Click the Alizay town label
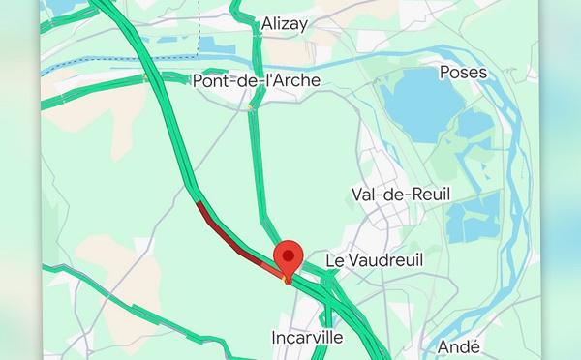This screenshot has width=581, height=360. (x=285, y=24)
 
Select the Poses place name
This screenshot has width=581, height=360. (x=463, y=73)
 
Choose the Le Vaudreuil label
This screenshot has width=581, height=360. (x=375, y=261)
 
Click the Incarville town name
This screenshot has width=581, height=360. (x=308, y=338)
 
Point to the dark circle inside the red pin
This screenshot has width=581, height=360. (x=288, y=255)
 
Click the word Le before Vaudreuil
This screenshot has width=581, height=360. (x=335, y=261)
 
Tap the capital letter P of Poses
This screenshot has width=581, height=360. (x=444, y=73)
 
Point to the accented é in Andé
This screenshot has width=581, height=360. (x=475, y=346)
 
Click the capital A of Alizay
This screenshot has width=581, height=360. (x=267, y=24)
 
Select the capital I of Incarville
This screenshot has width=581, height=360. (x=277, y=338)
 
